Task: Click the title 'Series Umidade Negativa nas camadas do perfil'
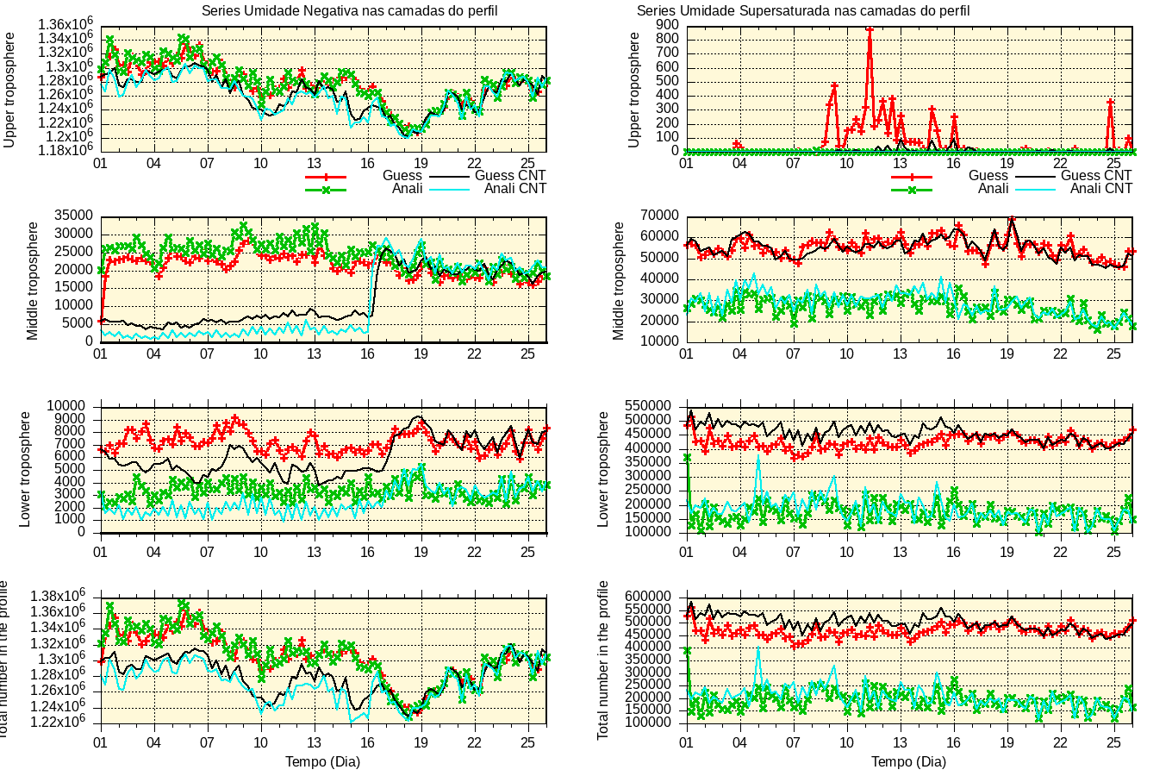[x=349, y=11]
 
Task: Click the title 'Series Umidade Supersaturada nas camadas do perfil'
[x=803, y=11]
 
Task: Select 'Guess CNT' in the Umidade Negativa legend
[x=510, y=175]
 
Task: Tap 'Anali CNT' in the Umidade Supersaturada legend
[x=1100, y=188]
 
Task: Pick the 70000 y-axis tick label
[x=658, y=216]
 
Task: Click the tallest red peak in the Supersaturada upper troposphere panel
[x=870, y=29]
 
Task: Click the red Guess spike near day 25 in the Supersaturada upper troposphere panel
[x=1110, y=102]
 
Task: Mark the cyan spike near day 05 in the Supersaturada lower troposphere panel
[x=758, y=455]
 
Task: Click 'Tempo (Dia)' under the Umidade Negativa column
[x=322, y=761]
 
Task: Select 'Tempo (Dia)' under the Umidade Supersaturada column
[x=908, y=761]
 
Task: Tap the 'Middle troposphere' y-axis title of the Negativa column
[x=34, y=281]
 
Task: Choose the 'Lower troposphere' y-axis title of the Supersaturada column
[x=603, y=469]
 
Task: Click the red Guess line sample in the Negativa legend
[x=326, y=176]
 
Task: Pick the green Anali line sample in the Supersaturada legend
[x=912, y=189]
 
